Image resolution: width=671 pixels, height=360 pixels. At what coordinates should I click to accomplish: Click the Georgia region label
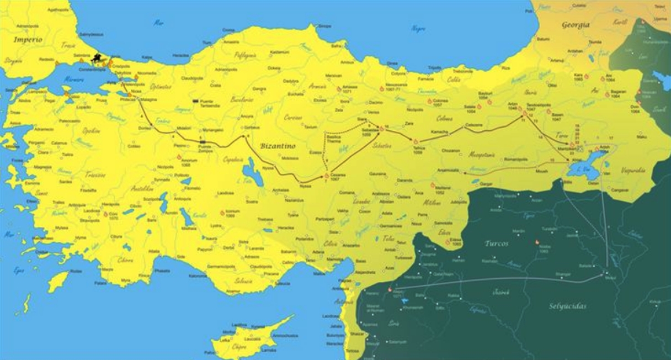pyautogui.click(x=576, y=25)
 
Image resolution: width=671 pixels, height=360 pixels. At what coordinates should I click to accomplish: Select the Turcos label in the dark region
pyautogui.click(x=496, y=243)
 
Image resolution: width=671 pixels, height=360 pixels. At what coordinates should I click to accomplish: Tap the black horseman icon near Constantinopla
pyautogui.click(x=98, y=57)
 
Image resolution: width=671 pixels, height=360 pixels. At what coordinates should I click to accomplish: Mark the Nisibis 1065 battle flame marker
pyautogui.click(x=536, y=242)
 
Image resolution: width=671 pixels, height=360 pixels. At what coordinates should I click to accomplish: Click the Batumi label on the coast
pyautogui.click(x=544, y=39)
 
